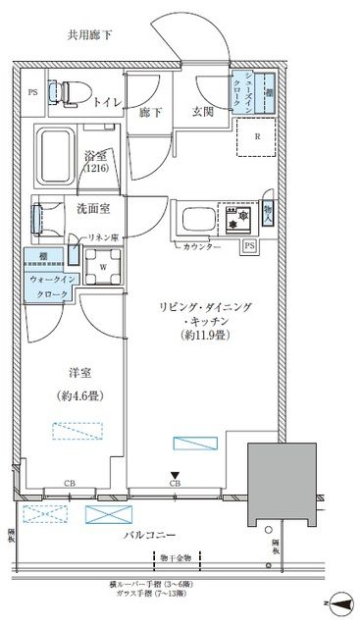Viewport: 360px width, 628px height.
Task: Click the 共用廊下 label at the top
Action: tap(90, 35)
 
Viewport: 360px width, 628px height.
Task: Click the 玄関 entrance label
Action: tap(203, 111)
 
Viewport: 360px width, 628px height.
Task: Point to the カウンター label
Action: tap(201, 246)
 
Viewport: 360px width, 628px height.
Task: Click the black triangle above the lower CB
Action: tap(176, 474)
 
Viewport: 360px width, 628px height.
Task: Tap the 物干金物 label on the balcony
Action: tap(180, 556)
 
